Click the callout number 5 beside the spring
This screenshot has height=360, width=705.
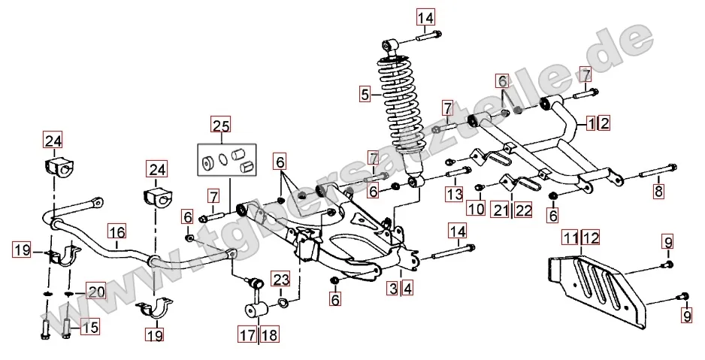pos(365,95)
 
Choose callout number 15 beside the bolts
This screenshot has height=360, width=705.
pos(89,328)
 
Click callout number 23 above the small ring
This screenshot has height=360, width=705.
pos(280,280)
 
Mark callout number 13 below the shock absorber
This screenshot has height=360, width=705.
pos(453,195)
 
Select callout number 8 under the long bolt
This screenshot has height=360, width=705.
pos(658,190)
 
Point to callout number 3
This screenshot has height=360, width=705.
pos(393,287)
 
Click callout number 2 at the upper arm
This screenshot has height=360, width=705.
pos(604,123)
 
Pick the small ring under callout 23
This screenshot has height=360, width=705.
pos(282,303)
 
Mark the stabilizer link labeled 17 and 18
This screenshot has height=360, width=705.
pos(256,297)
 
